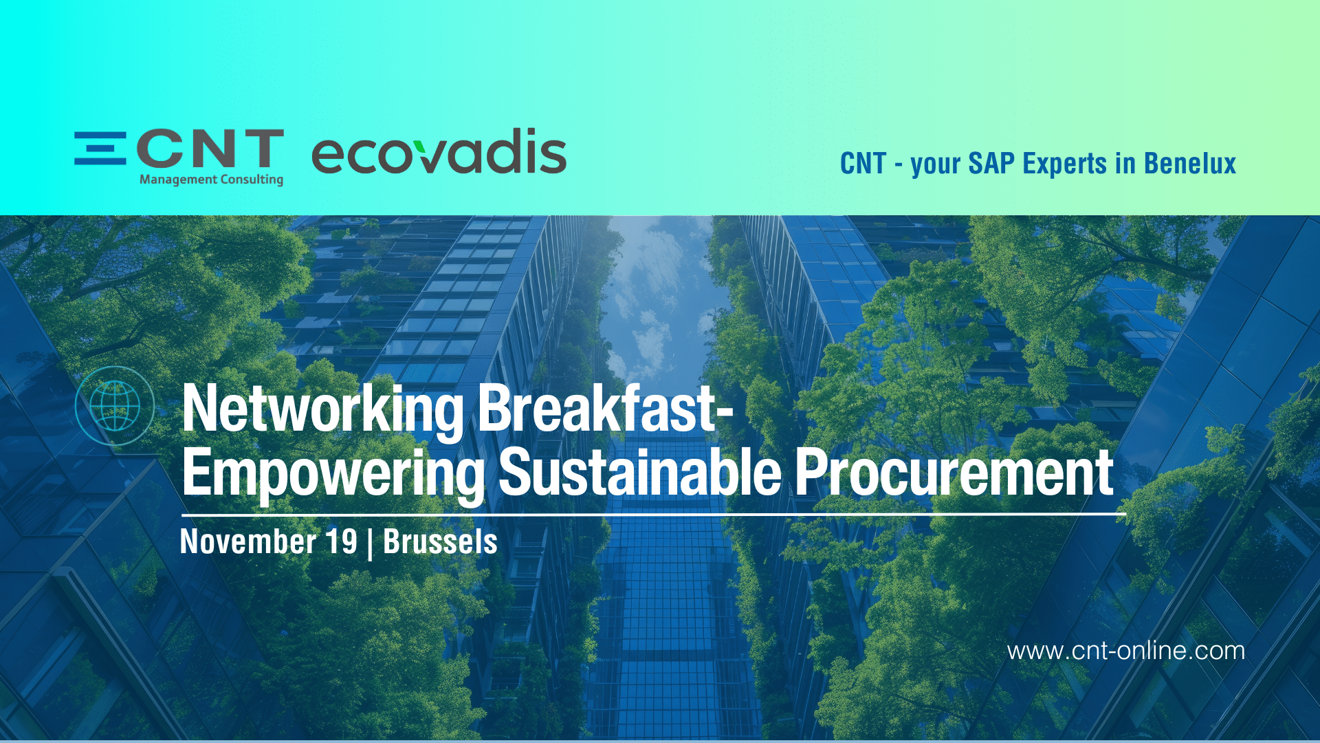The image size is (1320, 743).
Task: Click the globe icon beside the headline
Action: pyautogui.click(x=115, y=406)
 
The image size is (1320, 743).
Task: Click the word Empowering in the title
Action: pyautogui.click(x=333, y=474)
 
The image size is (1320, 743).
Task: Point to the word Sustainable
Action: pyautogui.click(x=640, y=472)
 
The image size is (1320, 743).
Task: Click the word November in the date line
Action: pyautogui.click(x=248, y=541)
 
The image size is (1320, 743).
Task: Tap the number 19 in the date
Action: pyautogui.click(x=342, y=541)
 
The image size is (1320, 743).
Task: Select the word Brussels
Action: pyautogui.click(x=440, y=541)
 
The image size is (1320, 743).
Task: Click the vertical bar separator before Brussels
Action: pyautogui.click(x=371, y=543)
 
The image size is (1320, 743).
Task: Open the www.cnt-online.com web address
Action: pyautogui.click(x=1126, y=651)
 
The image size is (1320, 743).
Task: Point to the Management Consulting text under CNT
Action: pyautogui.click(x=212, y=180)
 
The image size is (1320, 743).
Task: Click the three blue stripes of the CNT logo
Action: pyautogui.click(x=100, y=148)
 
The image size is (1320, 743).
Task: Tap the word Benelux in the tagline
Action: pyautogui.click(x=1190, y=164)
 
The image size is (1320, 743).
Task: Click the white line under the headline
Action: pyautogui.click(x=654, y=514)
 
